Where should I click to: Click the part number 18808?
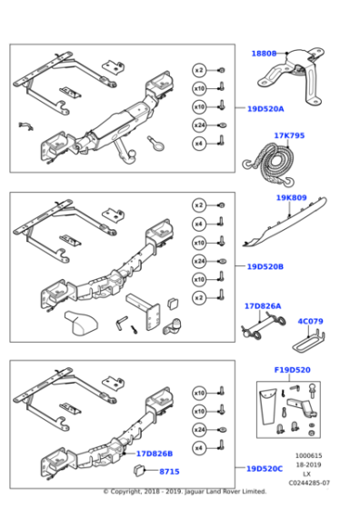coord(264,54)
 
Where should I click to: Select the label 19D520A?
coord(265,109)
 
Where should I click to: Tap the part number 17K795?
coord(289,136)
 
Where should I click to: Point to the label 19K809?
coord(291,197)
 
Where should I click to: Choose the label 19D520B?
coord(265,267)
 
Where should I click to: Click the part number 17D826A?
coord(262,307)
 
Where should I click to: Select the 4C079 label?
coord(310,321)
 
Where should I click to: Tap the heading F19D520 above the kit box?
coord(292,371)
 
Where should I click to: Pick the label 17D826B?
coord(154,453)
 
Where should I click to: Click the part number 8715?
coord(169,472)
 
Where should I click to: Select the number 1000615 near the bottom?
coord(309,455)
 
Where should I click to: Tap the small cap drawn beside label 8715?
coord(141,470)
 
